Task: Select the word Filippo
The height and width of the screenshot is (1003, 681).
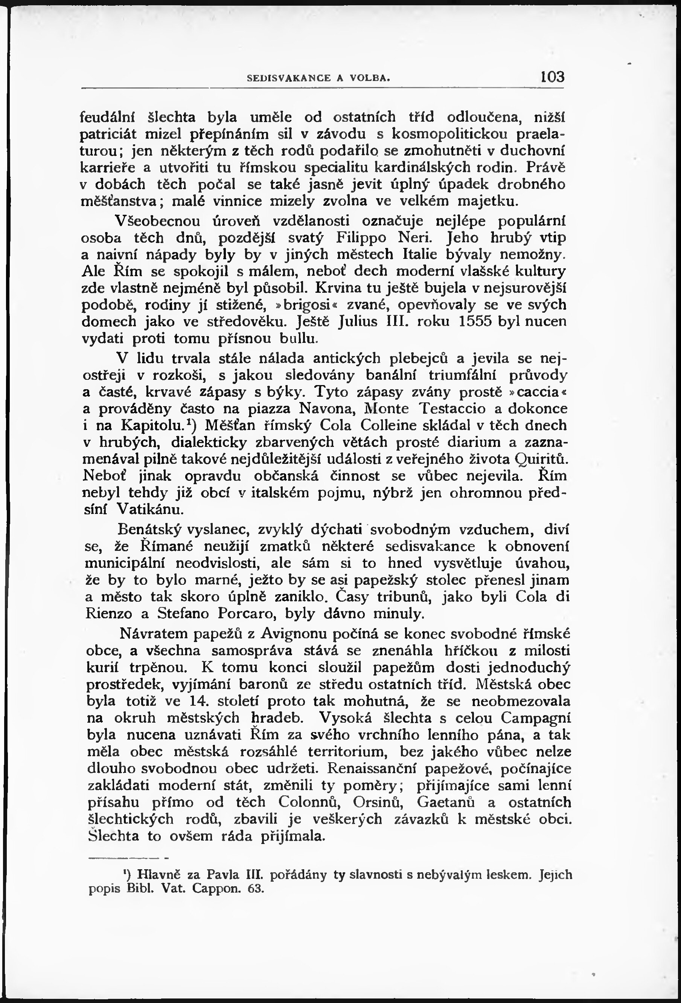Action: point(365,238)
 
